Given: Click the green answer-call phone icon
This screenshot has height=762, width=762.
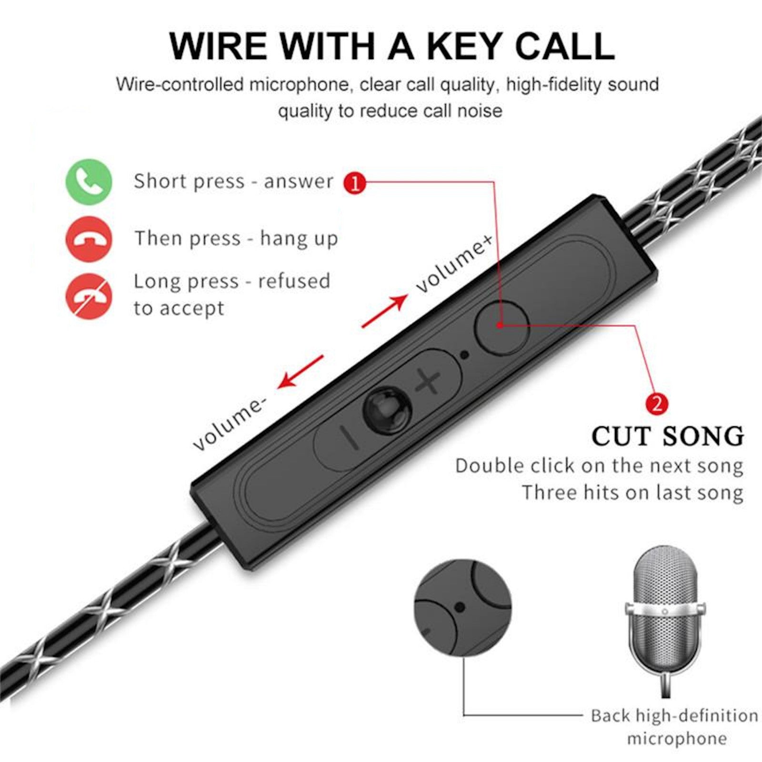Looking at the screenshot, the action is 89,182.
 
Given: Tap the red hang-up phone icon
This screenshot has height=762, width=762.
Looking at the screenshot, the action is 89,239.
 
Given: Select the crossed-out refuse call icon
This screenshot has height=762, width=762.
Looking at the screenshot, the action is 89,296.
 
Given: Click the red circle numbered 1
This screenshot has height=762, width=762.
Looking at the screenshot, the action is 355,182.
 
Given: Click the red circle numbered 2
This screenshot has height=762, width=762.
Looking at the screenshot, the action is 657,404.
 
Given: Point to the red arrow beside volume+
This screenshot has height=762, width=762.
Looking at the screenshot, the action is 385,311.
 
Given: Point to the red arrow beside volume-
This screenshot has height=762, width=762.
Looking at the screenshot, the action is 301,371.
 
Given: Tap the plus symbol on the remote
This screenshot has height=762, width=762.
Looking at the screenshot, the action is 428,381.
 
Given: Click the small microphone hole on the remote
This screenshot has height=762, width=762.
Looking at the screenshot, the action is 465,354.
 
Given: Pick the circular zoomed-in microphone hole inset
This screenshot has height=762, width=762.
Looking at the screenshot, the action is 462,607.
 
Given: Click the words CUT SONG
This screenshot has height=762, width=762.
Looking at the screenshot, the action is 668,436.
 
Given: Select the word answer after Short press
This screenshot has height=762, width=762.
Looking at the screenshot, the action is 299,182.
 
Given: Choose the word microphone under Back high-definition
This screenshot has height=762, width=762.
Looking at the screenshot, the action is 676,739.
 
